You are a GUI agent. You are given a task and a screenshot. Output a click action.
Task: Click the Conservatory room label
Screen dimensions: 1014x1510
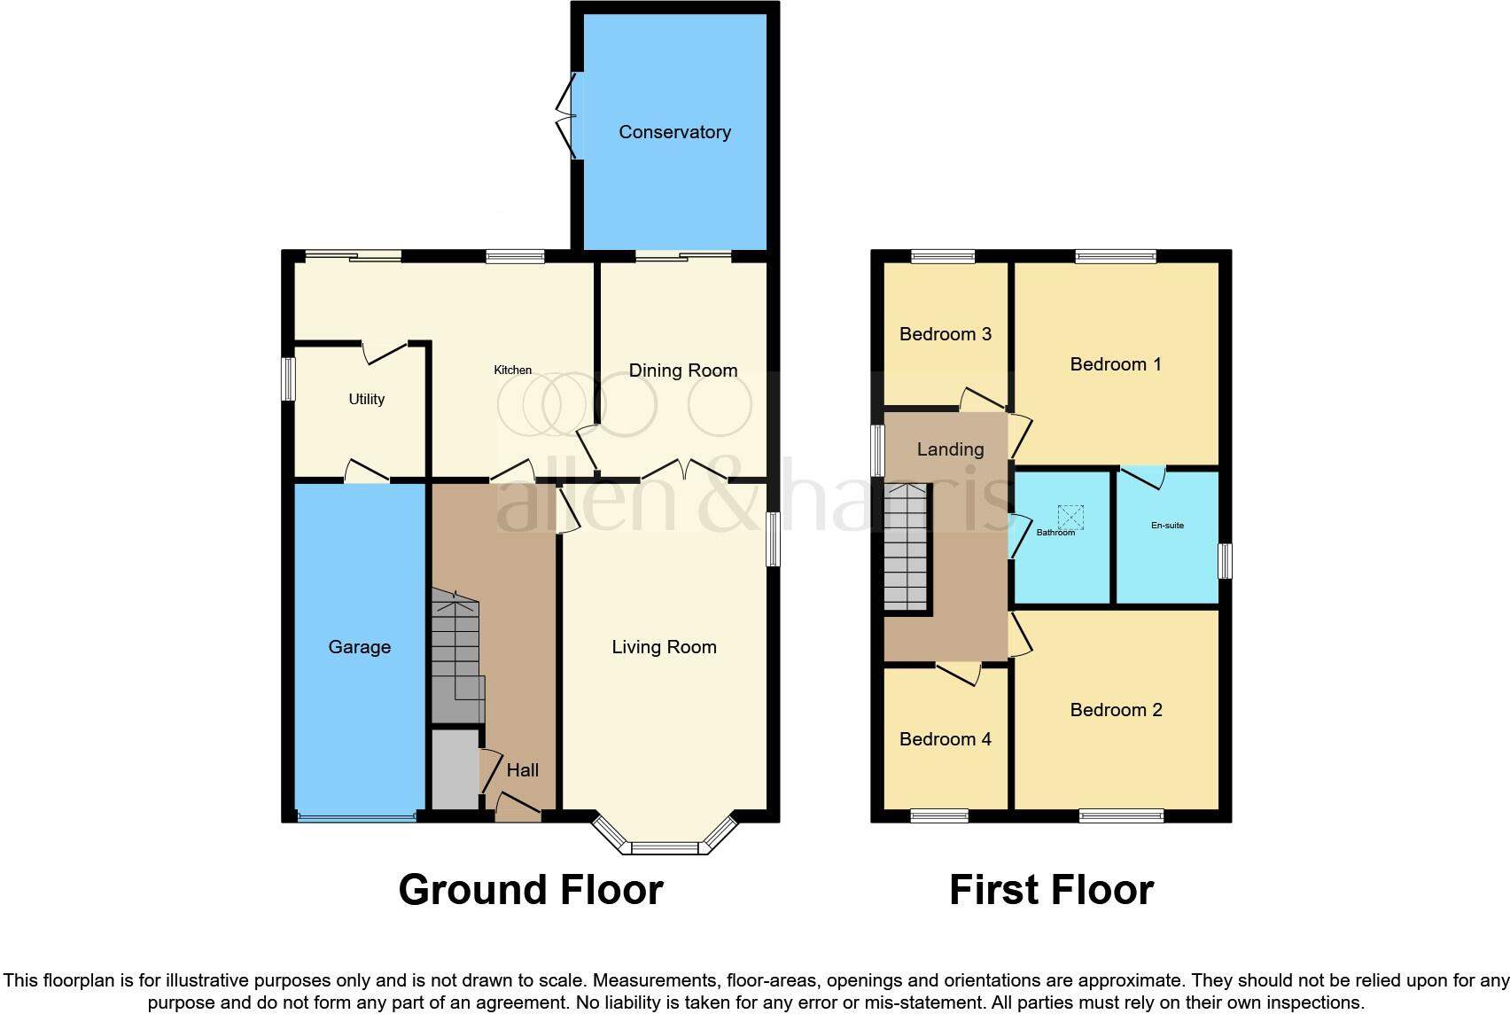point(674,132)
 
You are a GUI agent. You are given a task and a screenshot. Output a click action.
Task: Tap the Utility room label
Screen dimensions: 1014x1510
point(366,399)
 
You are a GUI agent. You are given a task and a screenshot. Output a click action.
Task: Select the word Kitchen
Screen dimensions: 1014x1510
point(512,370)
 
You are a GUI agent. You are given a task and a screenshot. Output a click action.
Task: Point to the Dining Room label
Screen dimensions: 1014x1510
point(682,370)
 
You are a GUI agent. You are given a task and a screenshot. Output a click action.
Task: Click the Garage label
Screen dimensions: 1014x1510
point(359,647)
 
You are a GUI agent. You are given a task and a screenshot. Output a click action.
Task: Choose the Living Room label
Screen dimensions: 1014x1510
point(664,647)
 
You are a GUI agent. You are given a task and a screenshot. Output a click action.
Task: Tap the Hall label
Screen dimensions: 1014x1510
point(522,770)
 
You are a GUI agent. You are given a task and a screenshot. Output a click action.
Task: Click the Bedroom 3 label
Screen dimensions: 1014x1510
point(945,334)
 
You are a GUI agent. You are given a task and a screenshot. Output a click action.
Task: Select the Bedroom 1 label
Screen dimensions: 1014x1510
point(1115,364)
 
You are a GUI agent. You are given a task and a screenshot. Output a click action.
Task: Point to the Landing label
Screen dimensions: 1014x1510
point(950,449)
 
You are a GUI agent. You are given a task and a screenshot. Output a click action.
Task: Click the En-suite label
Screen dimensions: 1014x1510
point(1167,526)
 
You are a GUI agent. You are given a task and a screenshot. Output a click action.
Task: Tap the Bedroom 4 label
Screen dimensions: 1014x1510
point(945,739)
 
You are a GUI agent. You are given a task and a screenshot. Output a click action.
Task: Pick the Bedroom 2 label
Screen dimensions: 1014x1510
point(1115,710)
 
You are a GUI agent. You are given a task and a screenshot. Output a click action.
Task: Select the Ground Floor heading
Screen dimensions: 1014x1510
point(530,890)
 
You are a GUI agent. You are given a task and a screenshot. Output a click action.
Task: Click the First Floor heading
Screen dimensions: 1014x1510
point(1051,890)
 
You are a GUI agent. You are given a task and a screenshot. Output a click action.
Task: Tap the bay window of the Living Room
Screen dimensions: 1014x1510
point(664,847)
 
